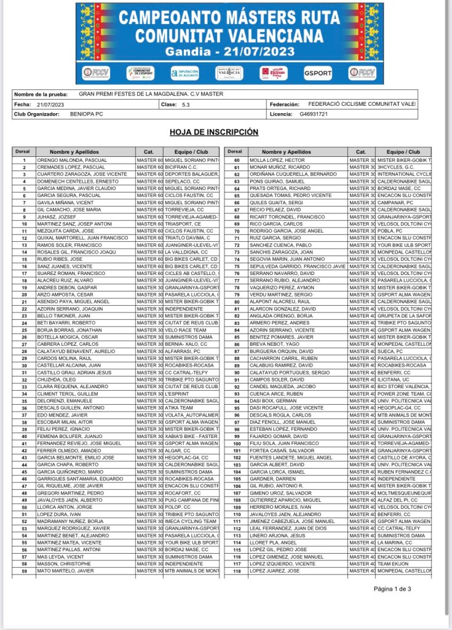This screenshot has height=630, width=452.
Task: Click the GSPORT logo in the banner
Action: [x=318, y=73]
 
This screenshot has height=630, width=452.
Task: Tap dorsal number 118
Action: [x=236, y=571]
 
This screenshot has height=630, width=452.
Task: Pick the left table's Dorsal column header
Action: [x=23, y=151]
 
